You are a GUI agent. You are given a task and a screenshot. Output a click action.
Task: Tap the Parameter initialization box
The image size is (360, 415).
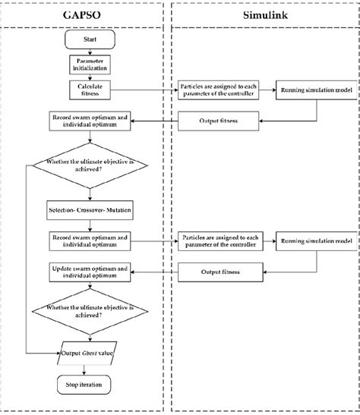pos(90,64)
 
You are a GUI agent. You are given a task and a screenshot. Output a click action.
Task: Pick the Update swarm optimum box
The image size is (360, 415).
pos(90,271)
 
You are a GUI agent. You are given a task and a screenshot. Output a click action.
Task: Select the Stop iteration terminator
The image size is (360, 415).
pos(90,385)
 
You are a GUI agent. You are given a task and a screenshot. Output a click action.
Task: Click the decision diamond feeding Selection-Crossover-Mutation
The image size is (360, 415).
pos(90,167)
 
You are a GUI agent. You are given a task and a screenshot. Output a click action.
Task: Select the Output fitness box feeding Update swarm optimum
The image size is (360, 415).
pos(222,271)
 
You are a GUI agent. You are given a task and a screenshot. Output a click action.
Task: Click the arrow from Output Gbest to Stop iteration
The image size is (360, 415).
pos(90,371)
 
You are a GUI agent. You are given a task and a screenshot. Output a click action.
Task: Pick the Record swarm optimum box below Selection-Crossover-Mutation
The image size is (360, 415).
pos(90,241)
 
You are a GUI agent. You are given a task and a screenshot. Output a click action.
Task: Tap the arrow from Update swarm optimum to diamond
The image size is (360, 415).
pos(90,287)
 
